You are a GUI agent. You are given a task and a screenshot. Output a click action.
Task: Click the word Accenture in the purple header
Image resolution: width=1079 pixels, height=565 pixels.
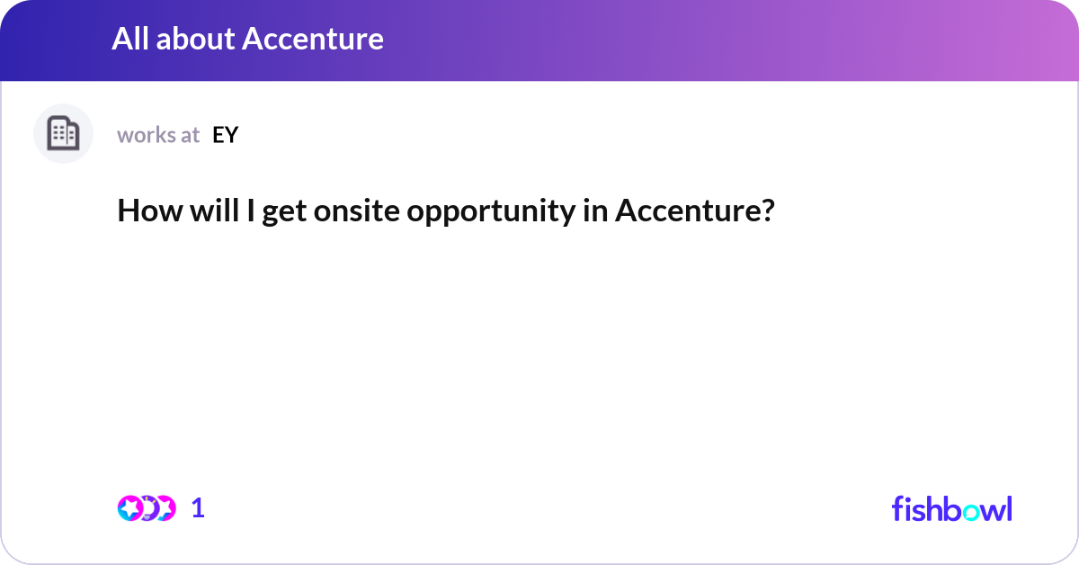[x=313, y=39]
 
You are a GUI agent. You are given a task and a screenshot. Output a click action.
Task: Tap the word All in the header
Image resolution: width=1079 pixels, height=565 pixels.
[x=130, y=39]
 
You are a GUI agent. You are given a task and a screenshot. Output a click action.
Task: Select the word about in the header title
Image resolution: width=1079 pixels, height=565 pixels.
[x=195, y=39]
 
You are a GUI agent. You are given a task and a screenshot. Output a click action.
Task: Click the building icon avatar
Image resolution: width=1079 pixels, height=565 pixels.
[x=63, y=133]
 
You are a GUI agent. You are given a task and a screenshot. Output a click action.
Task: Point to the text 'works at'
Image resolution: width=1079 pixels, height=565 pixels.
[x=158, y=135]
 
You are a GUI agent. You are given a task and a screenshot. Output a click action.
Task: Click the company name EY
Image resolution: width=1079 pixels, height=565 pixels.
[x=225, y=135]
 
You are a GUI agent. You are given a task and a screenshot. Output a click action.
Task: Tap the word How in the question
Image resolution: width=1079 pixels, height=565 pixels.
[x=150, y=211]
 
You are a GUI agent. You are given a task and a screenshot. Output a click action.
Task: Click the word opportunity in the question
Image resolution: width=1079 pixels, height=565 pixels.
[x=491, y=212]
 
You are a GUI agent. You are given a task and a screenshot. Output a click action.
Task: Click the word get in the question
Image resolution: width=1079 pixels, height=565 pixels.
[x=284, y=213]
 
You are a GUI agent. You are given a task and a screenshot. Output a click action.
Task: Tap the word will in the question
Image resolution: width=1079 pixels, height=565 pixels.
[x=214, y=211]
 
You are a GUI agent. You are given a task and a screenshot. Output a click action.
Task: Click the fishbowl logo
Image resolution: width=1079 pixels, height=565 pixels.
[x=952, y=508]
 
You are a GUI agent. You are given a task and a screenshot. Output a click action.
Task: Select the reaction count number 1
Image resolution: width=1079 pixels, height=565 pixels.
[x=198, y=508]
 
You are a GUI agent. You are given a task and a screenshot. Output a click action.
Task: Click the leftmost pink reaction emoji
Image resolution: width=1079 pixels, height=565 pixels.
[x=129, y=508]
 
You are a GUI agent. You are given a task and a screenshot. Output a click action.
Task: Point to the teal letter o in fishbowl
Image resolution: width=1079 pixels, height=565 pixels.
[x=971, y=512]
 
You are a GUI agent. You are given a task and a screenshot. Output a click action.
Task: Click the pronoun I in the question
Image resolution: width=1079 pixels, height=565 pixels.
[x=251, y=211]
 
